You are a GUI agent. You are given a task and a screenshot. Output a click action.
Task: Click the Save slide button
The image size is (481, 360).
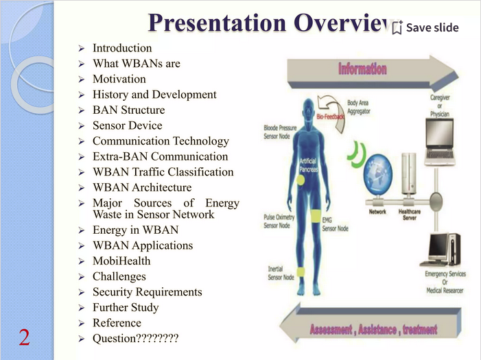point(425,28)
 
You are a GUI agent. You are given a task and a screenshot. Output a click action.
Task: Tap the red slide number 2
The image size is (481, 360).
point(24,337)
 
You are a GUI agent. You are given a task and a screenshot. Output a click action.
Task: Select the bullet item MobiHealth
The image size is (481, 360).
point(121,261)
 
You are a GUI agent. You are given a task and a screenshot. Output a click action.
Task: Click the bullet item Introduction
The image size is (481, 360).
point(122,48)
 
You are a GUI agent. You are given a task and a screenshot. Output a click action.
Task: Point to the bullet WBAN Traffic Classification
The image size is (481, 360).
point(163,172)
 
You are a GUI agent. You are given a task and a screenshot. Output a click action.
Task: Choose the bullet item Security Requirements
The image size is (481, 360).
point(147,292)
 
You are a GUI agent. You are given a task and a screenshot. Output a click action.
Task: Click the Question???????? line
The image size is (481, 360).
point(135,338)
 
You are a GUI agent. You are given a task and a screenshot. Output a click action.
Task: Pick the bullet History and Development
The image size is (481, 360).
point(154,95)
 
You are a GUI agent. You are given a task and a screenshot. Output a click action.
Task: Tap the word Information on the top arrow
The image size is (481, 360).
point(362,69)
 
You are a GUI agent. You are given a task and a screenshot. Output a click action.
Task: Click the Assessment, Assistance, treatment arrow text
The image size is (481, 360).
point(373,330)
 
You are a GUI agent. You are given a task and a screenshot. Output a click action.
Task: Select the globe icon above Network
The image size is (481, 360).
point(379,178)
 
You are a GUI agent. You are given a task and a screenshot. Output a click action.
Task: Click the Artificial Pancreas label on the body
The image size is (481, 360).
point(309,165)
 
